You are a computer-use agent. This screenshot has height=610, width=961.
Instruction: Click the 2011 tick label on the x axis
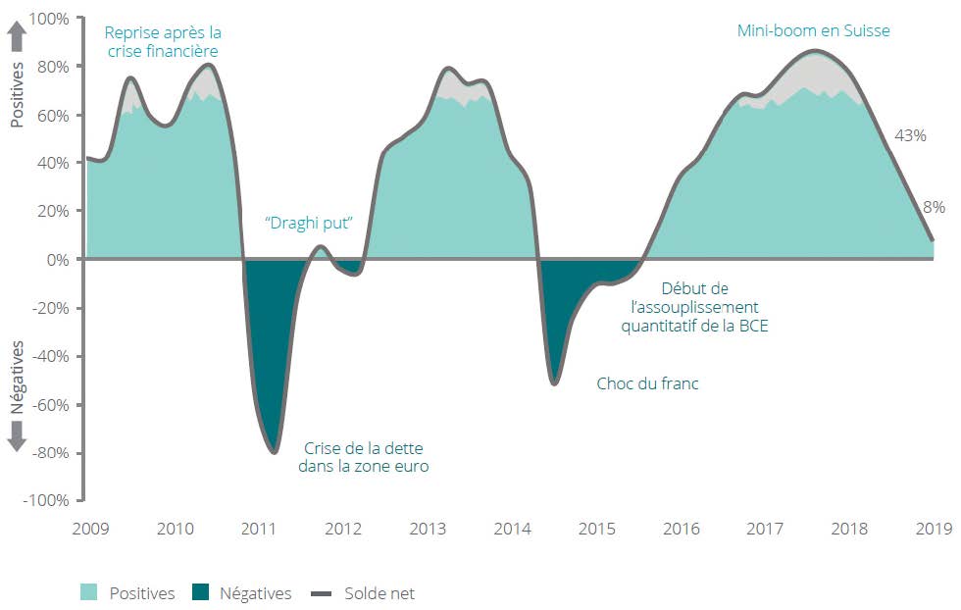[260, 530]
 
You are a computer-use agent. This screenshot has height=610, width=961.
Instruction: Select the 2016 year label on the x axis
[682, 530]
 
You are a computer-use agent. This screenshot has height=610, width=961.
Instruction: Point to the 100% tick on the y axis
[49, 19]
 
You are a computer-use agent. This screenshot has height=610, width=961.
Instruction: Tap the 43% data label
[910, 136]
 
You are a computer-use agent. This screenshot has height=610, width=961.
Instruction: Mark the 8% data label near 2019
[934, 207]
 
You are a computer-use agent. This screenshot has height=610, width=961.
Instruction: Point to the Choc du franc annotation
[647, 383]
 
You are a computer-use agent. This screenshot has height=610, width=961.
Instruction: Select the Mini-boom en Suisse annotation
[814, 30]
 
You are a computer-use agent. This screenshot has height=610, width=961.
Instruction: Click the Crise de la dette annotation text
[364, 456]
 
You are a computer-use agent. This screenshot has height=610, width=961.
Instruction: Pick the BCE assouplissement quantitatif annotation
[694, 306]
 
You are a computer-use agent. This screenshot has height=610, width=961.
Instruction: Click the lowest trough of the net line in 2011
[275, 452]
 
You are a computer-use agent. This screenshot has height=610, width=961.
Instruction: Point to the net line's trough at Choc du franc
[555, 382]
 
